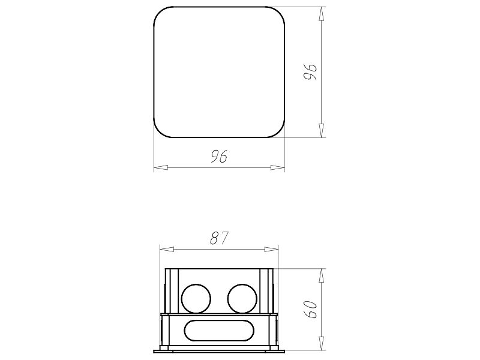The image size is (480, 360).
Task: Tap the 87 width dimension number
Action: pyautogui.click(x=220, y=238)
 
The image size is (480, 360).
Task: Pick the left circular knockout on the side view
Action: pyautogui.click(x=196, y=298)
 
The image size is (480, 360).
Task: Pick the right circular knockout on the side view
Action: pyautogui.click(x=242, y=298)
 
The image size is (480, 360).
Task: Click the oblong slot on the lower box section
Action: pyautogui.click(x=220, y=331)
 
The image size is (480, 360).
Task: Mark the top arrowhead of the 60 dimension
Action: pyautogui.click(x=322, y=274)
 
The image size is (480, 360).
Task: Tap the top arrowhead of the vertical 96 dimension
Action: pyautogui.click(x=322, y=13)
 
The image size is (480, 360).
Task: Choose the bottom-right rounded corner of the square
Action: pyautogui.click(x=278, y=130)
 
